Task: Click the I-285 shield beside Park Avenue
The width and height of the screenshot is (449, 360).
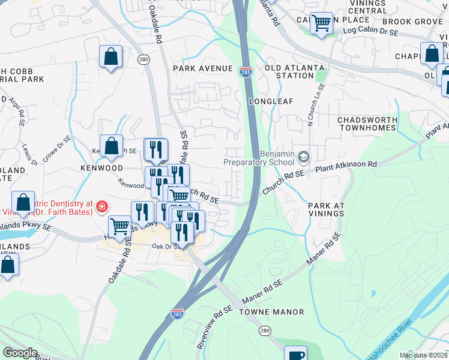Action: (246, 70)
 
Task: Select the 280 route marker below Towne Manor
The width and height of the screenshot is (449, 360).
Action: (264, 331)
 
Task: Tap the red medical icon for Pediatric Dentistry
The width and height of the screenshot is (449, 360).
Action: (101, 207)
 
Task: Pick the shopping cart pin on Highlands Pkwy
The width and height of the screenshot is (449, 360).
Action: (120, 227)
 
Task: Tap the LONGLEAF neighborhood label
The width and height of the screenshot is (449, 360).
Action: (271, 101)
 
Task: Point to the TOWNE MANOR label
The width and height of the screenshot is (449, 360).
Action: (271, 312)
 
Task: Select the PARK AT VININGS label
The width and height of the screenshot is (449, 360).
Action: (327, 210)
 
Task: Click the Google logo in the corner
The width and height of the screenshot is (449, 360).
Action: (20, 353)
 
